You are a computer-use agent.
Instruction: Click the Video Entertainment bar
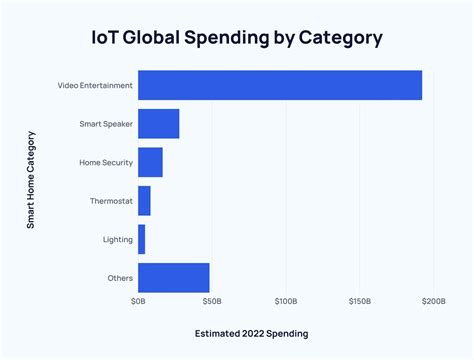click(280, 85)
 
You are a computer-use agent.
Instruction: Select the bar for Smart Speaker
click(158, 124)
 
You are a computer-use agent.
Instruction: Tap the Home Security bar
click(150, 162)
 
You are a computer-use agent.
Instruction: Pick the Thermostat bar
click(144, 201)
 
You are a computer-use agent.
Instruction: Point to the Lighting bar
click(141, 239)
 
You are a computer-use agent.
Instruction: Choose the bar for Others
click(173, 277)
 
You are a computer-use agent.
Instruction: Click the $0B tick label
click(138, 300)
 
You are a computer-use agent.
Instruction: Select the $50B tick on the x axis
click(211, 300)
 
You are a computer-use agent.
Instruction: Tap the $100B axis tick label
click(285, 300)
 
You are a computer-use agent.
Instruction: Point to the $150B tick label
click(359, 300)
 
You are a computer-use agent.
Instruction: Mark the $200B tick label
click(433, 300)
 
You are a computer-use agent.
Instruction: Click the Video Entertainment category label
click(95, 86)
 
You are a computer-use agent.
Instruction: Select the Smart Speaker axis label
click(105, 124)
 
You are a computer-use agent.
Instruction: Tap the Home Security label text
click(105, 162)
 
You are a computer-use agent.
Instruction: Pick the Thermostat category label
click(110, 201)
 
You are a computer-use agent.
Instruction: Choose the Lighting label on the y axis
click(116, 239)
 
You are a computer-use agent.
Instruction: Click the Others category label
click(119, 277)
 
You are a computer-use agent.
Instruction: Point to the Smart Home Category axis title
click(31, 181)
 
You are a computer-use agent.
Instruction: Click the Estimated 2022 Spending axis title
click(251, 333)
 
